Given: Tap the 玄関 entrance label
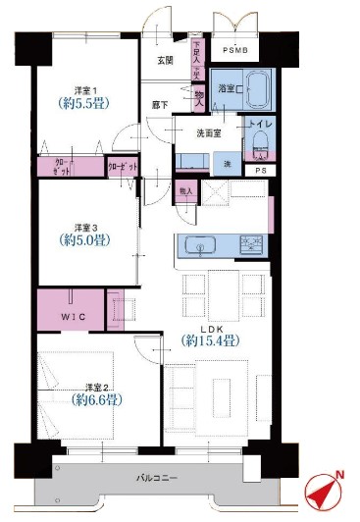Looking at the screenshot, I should pyautogui.click(x=166, y=60).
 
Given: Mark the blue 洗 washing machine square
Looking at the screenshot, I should pyautogui.click(x=228, y=162).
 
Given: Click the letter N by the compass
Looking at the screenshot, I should pyautogui.click(x=340, y=476).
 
